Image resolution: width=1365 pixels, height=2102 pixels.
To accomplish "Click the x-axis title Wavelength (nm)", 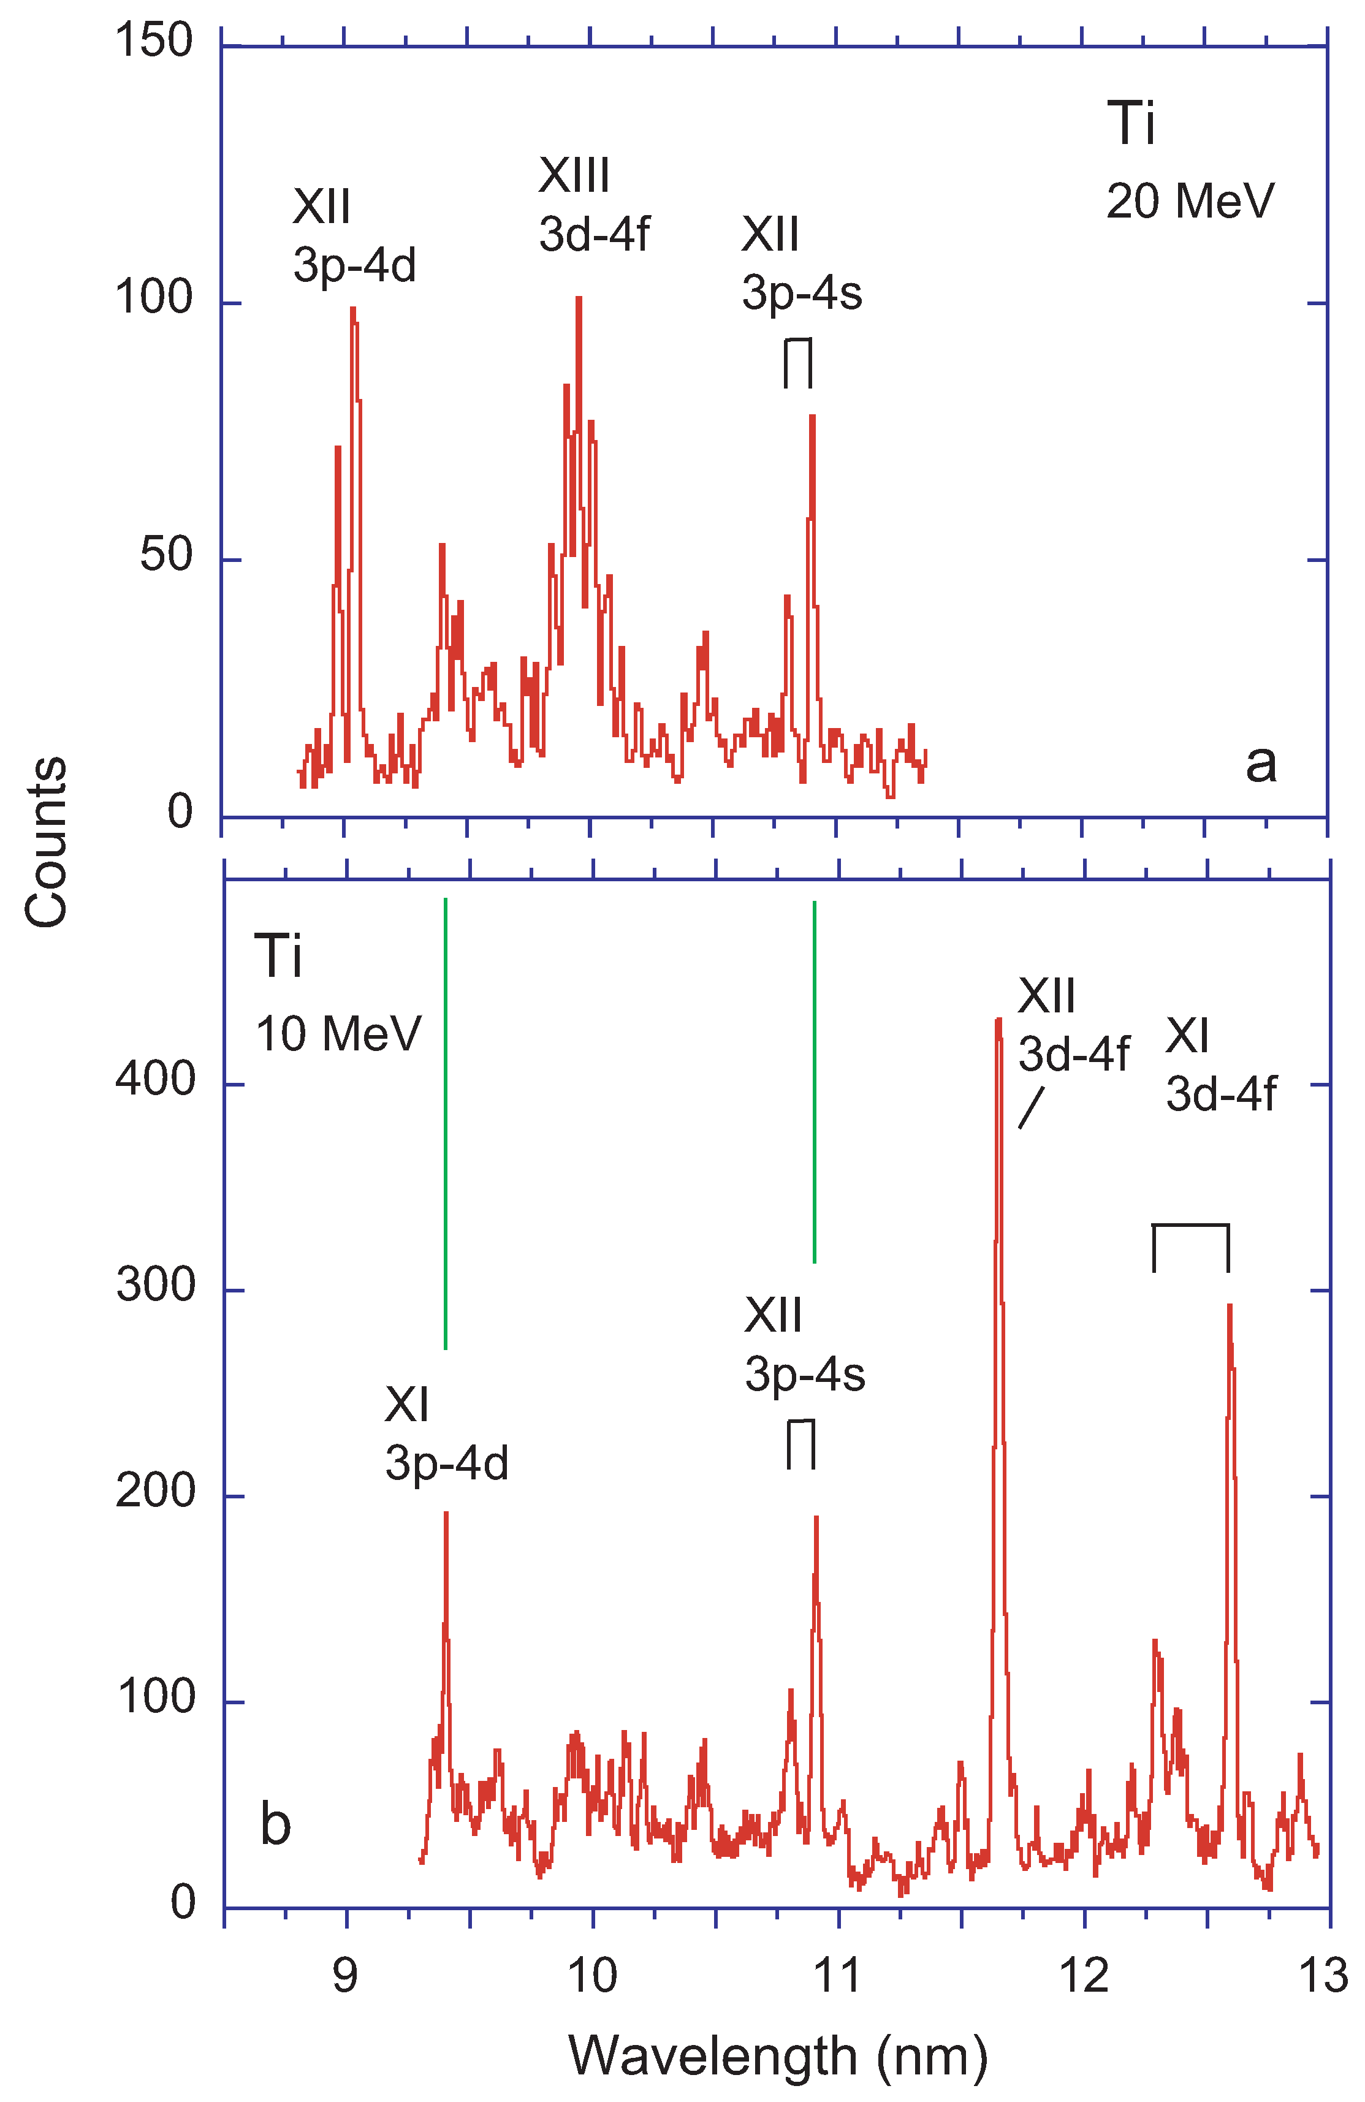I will [777, 2055].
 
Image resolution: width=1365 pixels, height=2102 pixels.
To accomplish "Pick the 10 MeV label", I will [338, 1033].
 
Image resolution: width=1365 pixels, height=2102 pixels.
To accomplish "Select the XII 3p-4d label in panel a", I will [354, 236].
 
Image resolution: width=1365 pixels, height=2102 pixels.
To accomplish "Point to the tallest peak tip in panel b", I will [998, 1020].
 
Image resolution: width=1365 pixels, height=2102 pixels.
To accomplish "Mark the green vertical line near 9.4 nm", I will [445, 1121].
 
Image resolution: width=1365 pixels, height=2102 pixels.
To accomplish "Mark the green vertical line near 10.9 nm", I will [814, 1082].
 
